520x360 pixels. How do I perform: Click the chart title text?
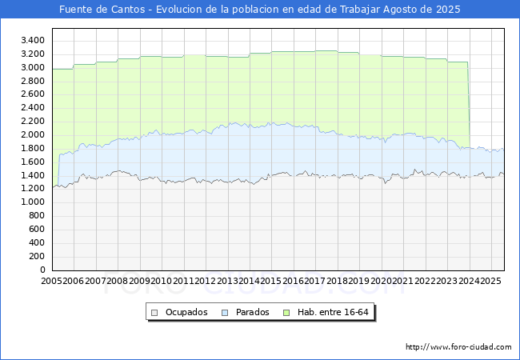coord(260,10)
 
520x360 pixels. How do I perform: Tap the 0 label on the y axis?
coord(42,270)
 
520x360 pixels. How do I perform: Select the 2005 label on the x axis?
coord(52,281)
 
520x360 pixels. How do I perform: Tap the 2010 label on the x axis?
coord(161,281)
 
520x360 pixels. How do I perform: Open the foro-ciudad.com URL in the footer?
coord(458,347)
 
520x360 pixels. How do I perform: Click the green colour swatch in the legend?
coord(293,312)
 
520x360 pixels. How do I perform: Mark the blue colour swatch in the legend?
coord(224,312)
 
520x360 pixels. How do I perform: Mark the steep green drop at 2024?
coord(469,104)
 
